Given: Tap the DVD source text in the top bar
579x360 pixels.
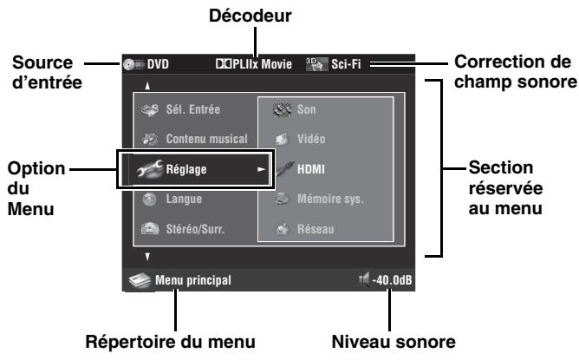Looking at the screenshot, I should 157,63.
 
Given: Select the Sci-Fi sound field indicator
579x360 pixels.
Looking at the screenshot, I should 343,63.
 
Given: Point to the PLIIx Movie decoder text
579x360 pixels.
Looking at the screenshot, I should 261,63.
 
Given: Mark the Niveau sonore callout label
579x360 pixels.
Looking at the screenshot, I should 389,339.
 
